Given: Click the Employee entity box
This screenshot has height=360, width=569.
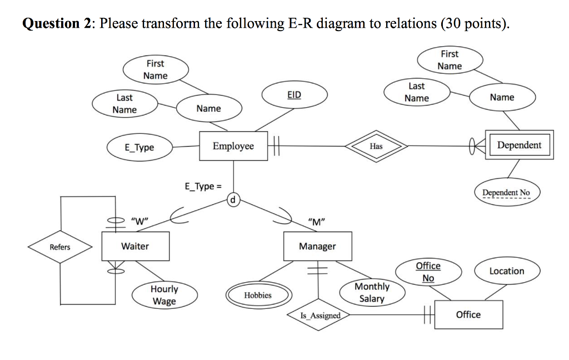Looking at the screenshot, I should tap(233, 146).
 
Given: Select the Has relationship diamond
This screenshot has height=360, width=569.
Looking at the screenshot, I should tap(376, 146).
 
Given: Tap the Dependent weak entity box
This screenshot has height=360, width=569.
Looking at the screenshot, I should tap(519, 146).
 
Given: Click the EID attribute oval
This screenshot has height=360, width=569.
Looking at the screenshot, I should tap(295, 95).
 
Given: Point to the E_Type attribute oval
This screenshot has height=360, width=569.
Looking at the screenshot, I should tap(139, 147).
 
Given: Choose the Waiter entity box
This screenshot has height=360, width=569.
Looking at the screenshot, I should tap(136, 246).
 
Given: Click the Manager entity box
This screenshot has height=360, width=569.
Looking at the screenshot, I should tap(317, 246).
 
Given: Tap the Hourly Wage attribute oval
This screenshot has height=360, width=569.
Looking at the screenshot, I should tap(164, 295).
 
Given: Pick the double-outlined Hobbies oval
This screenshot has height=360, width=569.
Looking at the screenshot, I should tap(258, 295).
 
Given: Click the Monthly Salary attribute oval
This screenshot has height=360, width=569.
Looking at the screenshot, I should tap(372, 293).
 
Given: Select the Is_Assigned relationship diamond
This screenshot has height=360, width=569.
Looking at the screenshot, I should tap(320, 316).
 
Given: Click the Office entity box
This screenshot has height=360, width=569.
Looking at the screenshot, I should tap(468, 314).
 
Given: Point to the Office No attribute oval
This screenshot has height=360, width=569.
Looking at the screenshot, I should tap(428, 272).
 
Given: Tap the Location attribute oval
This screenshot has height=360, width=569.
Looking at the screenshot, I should tap(506, 271).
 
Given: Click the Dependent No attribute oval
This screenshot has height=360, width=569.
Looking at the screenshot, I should tap(506, 193).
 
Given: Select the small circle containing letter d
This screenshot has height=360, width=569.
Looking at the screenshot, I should tap(233, 199).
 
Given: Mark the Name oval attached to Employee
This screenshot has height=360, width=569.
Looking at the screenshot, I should tap(209, 109).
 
